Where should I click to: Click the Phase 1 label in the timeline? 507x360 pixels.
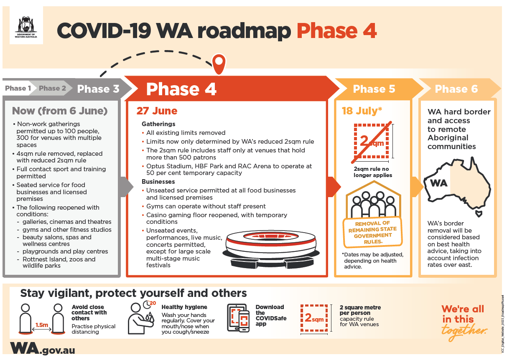point(18,88)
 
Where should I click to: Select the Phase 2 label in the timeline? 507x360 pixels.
point(52,88)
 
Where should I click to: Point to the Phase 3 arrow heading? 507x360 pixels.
point(98,89)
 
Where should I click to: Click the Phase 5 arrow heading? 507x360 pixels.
point(374,89)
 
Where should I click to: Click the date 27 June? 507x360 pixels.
point(157,111)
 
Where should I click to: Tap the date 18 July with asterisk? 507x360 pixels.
point(362,111)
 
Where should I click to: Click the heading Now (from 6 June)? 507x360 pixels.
point(60,111)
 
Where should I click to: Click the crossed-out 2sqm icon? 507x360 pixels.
point(372,142)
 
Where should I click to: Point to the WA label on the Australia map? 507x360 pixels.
point(438,183)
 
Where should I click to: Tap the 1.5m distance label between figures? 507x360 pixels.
point(41,325)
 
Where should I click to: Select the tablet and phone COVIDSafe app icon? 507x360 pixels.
point(238,318)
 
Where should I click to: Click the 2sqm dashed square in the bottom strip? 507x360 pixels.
point(314,318)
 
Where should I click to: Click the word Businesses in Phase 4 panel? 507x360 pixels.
point(158,182)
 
